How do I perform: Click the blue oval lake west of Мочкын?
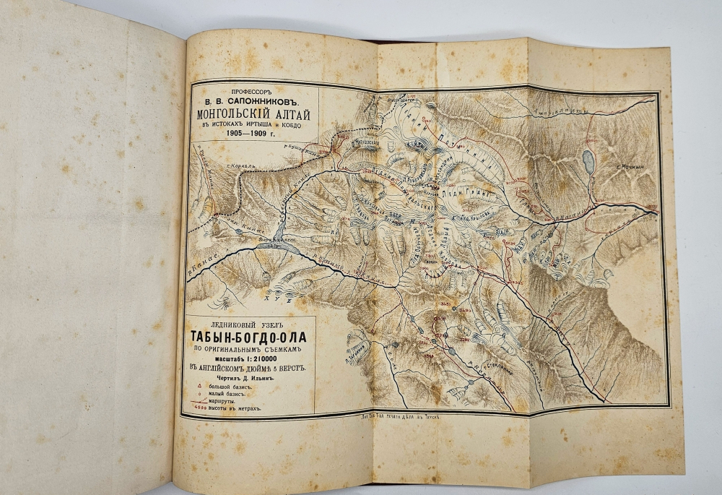[x=589, y=162]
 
